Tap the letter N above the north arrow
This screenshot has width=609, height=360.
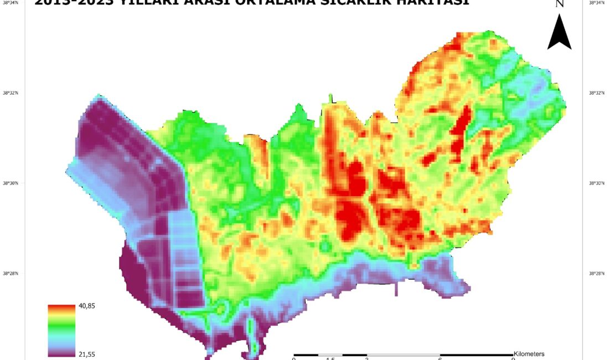pyautogui.click(x=560, y=4)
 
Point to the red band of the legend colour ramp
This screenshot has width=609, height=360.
pyautogui.click(x=61, y=307)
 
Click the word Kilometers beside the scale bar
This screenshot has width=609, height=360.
pyautogui.click(x=529, y=353)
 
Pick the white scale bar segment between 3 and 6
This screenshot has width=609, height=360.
pyautogui.click(x=404, y=354)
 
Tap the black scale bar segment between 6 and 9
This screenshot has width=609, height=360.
pyautogui.click(x=477, y=354)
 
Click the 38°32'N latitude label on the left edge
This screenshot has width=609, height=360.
pyautogui.click(x=11, y=93)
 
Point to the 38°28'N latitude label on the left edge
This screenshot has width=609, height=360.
pyautogui.click(x=11, y=274)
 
